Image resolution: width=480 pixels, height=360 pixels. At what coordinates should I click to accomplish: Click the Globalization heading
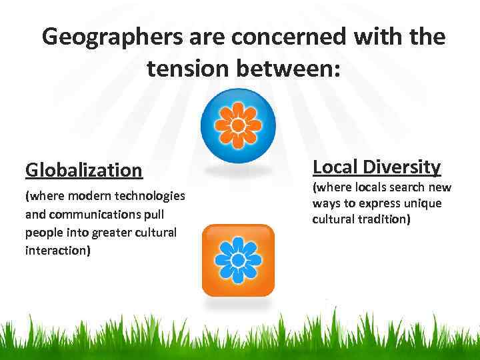coord(84,170)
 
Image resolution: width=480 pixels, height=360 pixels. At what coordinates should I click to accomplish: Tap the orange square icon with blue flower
coord(238,260)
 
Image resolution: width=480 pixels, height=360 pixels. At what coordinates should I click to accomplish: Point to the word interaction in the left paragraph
coord(58,251)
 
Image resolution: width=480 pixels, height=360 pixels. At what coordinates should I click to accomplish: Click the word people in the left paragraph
coord(43,233)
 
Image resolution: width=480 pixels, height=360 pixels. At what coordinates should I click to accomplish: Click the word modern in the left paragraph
coord(89,197)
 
